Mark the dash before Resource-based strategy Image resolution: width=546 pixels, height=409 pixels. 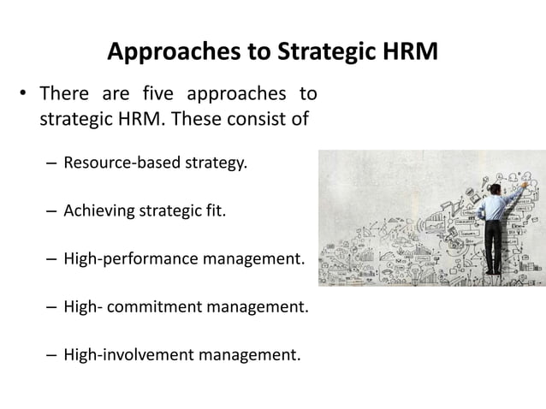click(x=50, y=162)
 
